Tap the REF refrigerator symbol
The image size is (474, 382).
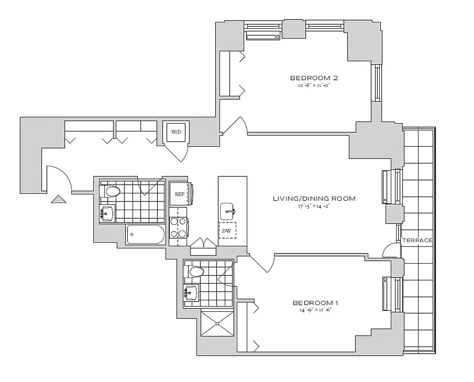coord(180,194)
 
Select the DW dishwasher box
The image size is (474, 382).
coord(227,231)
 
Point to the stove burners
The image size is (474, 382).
coord(178,227)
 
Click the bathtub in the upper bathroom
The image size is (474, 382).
coord(145,235)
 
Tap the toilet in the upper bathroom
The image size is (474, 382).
coord(112,192)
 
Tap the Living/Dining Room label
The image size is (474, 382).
coord(314,199)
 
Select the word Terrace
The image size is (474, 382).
coord(417,241)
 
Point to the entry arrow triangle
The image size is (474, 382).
coord(58,199)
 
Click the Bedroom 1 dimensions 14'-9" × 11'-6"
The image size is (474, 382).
coord(315,310)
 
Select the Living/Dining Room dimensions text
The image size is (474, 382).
coord(314,206)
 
